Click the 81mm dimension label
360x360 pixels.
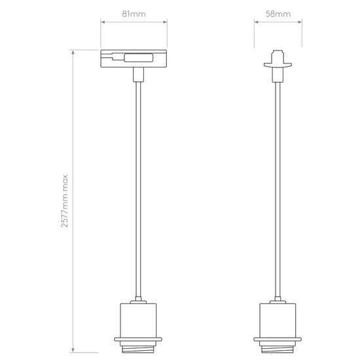[134, 14]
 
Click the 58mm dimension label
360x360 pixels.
[278, 14]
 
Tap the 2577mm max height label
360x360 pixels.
[65, 201]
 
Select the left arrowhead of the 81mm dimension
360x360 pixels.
[103, 22]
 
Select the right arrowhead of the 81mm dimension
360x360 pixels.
[165, 22]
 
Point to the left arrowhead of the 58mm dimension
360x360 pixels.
[257, 22]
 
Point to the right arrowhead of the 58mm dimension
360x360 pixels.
[300, 22]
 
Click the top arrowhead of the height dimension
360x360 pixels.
[73, 52]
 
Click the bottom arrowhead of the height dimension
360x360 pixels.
[73, 350]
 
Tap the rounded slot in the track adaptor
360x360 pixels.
[139, 58]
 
